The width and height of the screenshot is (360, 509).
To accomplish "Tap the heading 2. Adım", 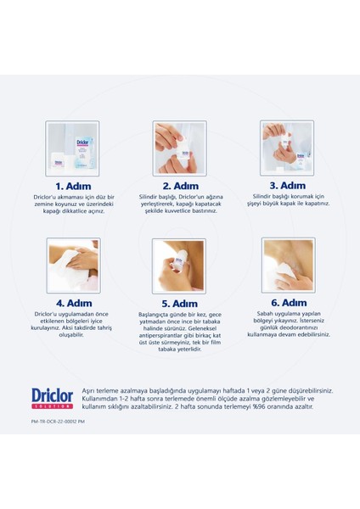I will pos(179,186).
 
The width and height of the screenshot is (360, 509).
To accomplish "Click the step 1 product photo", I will pos(72,148).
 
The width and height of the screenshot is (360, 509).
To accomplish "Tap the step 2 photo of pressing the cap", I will pos(179,148).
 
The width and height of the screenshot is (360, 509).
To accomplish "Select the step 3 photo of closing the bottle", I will pos(288,148).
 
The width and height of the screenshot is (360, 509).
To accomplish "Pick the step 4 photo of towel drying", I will pos(72,266).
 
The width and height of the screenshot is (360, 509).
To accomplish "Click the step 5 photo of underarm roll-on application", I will pos(179,266).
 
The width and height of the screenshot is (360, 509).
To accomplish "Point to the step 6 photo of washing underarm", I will pos(288,266).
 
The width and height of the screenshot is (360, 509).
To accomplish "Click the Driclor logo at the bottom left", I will pos(52,397).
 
